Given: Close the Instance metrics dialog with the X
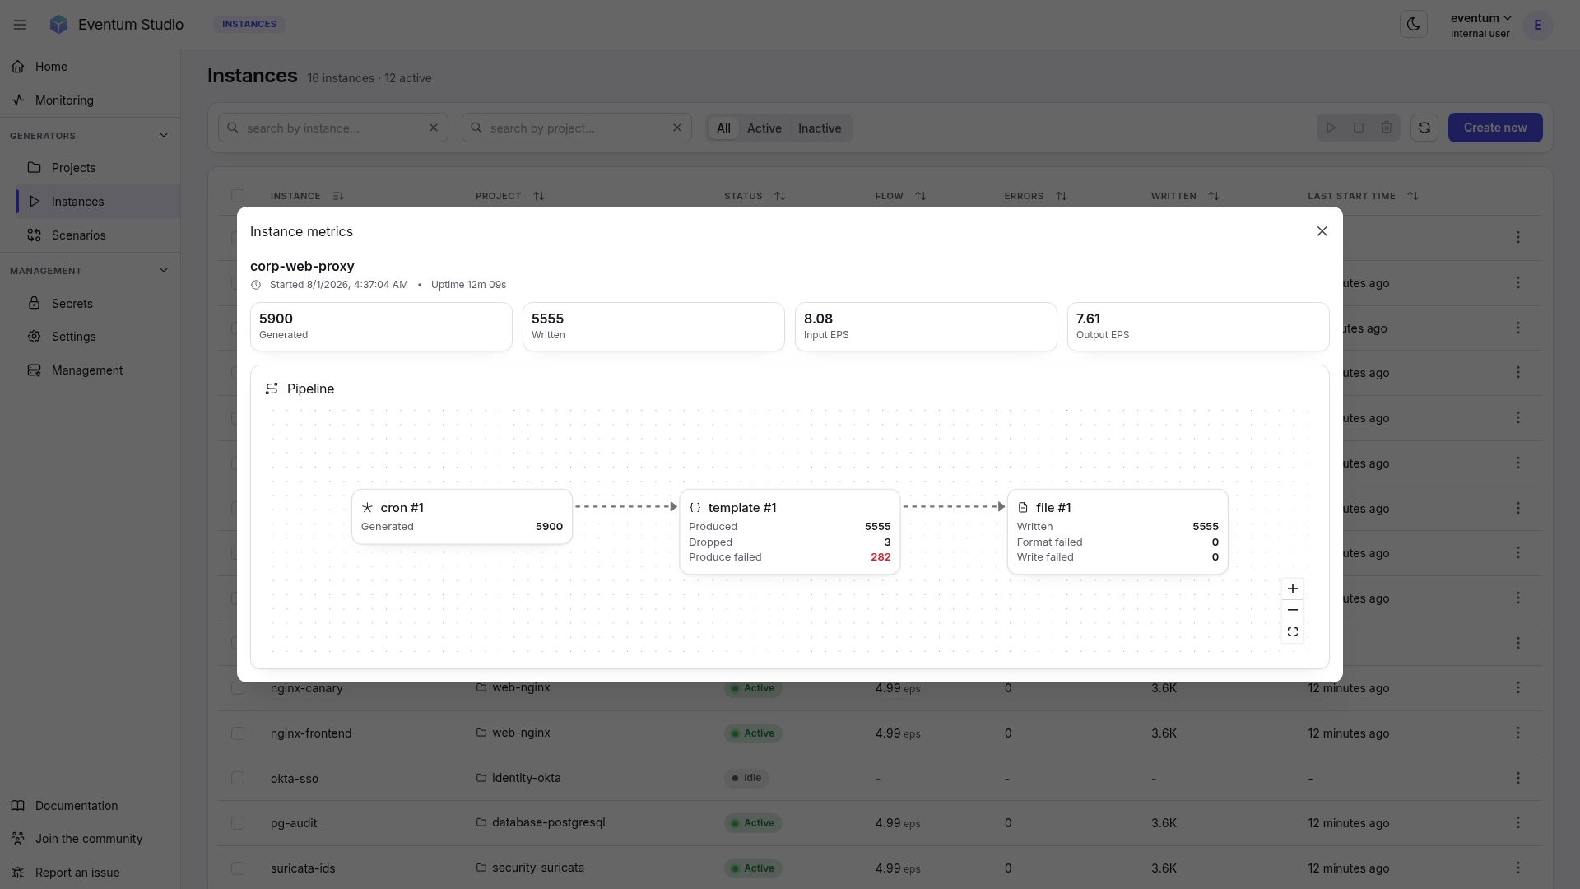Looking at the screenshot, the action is (x=1322, y=231).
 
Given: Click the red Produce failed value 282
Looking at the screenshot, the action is (x=881, y=557).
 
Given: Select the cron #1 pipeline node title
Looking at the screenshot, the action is (x=402, y=508).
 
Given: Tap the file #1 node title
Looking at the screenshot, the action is (x=1053, y=508).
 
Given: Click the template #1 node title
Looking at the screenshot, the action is (x=742, y=508).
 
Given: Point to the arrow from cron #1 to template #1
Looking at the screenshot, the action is (x=626, y=507).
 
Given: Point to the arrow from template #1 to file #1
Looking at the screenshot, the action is (x=954, y=507).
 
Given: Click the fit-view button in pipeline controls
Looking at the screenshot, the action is (x=1293, y=632).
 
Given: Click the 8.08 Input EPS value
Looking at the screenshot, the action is (x=818, y=319).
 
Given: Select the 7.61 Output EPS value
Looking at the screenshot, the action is (x=1088, y=319).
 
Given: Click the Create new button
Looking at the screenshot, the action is (x=1495, y=128).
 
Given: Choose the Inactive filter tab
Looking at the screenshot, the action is (x=820, y=128).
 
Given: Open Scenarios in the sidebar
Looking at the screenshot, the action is (x=78, y=235).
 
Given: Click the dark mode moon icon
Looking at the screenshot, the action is (x=1414, y=24).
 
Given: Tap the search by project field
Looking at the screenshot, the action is (x=576, y=128).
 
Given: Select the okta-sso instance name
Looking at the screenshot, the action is (x=295, y=779).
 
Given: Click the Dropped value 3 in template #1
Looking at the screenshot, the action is (x=887, y=542).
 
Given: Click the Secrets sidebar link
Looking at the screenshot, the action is (x=72, y=304).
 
